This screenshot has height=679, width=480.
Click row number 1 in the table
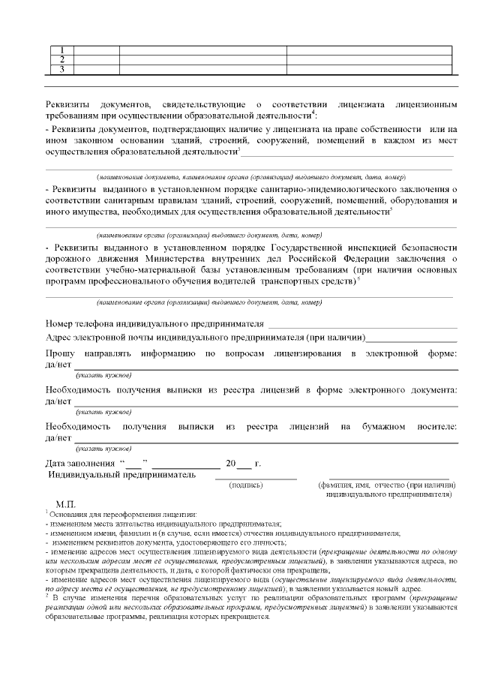(62, 50)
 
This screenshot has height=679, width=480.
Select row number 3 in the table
(62, 69)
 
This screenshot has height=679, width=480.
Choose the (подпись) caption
(247, 485)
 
